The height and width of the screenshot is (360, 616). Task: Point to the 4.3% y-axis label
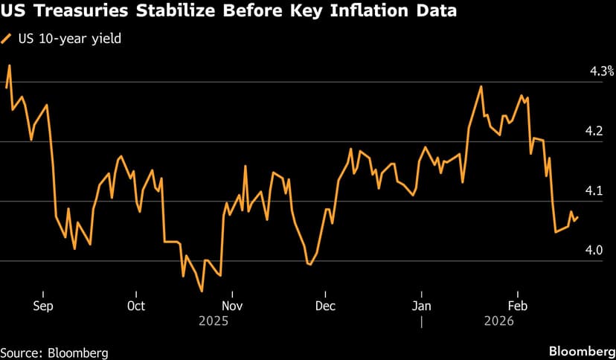[x=601, y=71]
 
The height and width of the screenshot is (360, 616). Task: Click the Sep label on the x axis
[x=43, y=306]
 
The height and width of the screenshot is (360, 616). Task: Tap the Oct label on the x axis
[x=136, y=306]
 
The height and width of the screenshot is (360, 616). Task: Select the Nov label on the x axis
[x=233, y=306]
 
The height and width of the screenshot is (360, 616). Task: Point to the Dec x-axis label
[x=325, y=306]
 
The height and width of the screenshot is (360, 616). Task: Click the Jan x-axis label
[x=422, y=306]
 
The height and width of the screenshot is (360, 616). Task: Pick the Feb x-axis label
[x=518, y=306]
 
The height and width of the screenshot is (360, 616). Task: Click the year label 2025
[x=214, y=321]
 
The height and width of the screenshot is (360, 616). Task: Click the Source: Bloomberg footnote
[x=54, y=351]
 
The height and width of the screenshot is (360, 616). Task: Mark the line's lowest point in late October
[x=202, y=291]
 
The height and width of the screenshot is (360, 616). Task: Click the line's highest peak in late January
[x=481, y=86]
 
